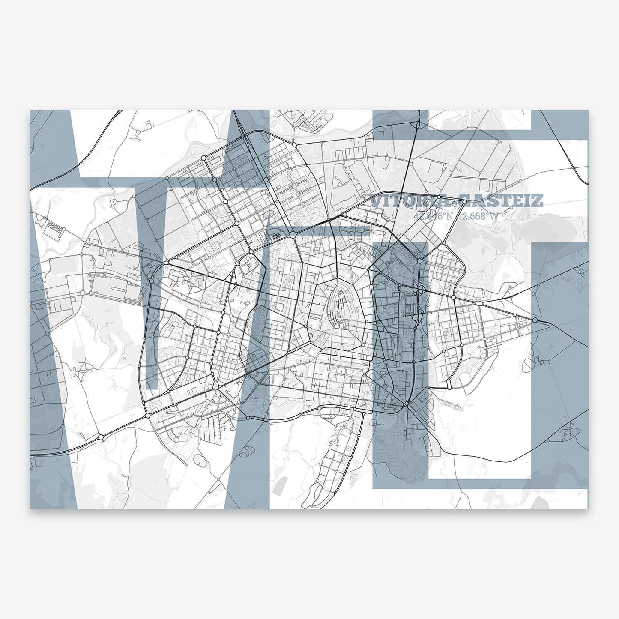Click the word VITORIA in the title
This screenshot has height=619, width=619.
click(409, 201)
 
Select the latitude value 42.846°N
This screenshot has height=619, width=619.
click(433, 216)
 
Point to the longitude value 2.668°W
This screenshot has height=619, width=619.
click(481, 216)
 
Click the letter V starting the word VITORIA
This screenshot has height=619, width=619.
click(376, 201)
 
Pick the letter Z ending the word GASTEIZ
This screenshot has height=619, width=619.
click(538, 201)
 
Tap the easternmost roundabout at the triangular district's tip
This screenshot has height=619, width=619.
click(535, 320)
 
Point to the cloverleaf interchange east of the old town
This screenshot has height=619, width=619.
click(418, 290)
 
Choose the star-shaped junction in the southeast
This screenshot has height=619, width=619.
click(406, 403)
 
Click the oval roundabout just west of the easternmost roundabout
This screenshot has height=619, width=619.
click(478, 303)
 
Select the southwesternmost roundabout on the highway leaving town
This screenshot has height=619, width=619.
click(101, 437)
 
